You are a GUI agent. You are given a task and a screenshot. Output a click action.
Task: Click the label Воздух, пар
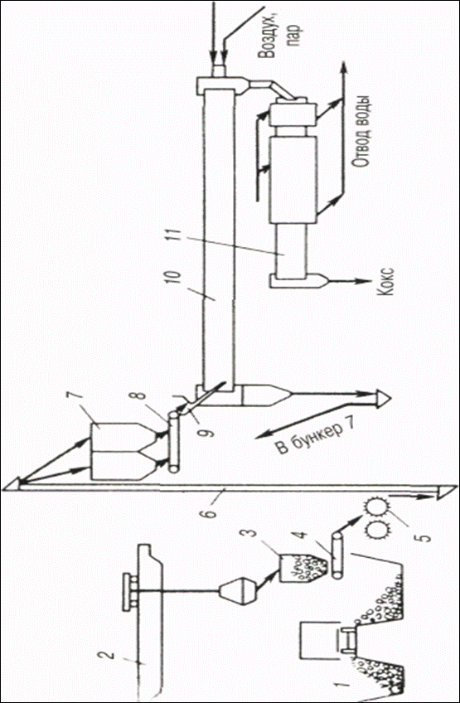tap(280, 40)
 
